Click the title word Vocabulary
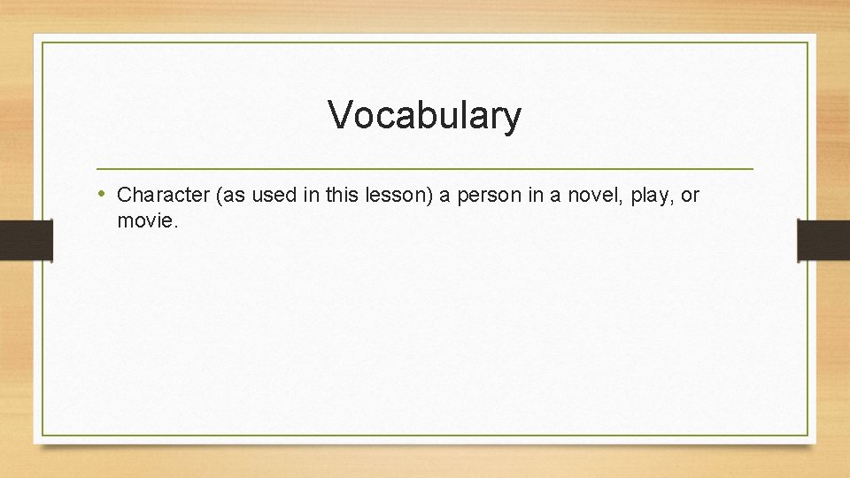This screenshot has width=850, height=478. pos(424,115)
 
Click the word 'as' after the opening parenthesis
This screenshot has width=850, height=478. pos(231,195)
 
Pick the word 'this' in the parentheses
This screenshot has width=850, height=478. pos(343,195)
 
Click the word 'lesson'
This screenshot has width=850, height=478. pos(398,195)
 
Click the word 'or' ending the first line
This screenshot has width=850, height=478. pos(690,195)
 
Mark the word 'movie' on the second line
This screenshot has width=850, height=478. pos(145,221)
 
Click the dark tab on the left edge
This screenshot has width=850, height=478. pos(26,240)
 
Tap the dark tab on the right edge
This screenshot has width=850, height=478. pos(823,240)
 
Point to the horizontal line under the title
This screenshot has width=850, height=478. pos(424,168)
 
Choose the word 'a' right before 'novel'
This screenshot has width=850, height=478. pos(557,196)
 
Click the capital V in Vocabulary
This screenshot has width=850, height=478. pos(339,115)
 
